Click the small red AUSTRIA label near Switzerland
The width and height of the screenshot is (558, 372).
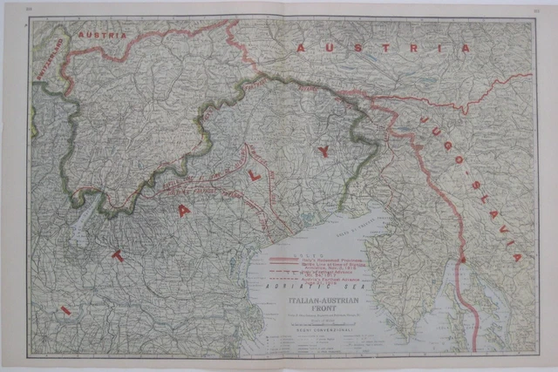click(102, 35)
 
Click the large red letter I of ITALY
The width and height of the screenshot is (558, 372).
click(62, 310)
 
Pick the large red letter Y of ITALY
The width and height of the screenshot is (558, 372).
click(323, 152)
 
